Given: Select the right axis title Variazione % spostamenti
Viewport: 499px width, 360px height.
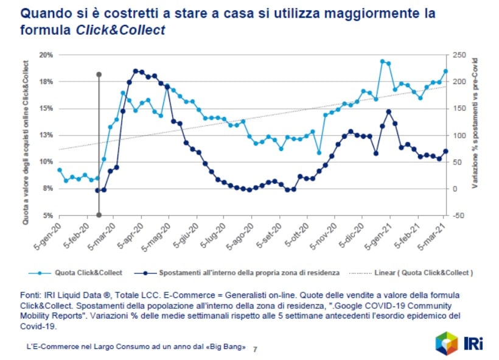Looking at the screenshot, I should [475, 122].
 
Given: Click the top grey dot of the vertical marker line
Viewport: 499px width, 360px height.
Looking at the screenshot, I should [99, 74].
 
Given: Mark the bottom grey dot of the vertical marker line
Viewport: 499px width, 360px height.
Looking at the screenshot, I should [99, 215].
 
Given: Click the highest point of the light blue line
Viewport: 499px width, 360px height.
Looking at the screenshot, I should [382, 62].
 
